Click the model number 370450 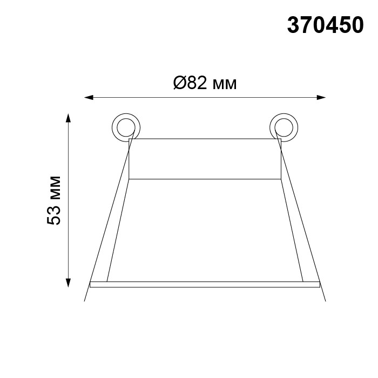[x=325, y=25]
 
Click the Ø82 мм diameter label [x=205, y=83]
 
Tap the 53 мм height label [x=54, y=200]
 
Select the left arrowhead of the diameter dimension [x=89, y=98]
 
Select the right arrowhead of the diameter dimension [x=321, y=97]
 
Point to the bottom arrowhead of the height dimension [x=69, y=283]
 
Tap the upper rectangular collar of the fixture [x=205, y=159]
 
